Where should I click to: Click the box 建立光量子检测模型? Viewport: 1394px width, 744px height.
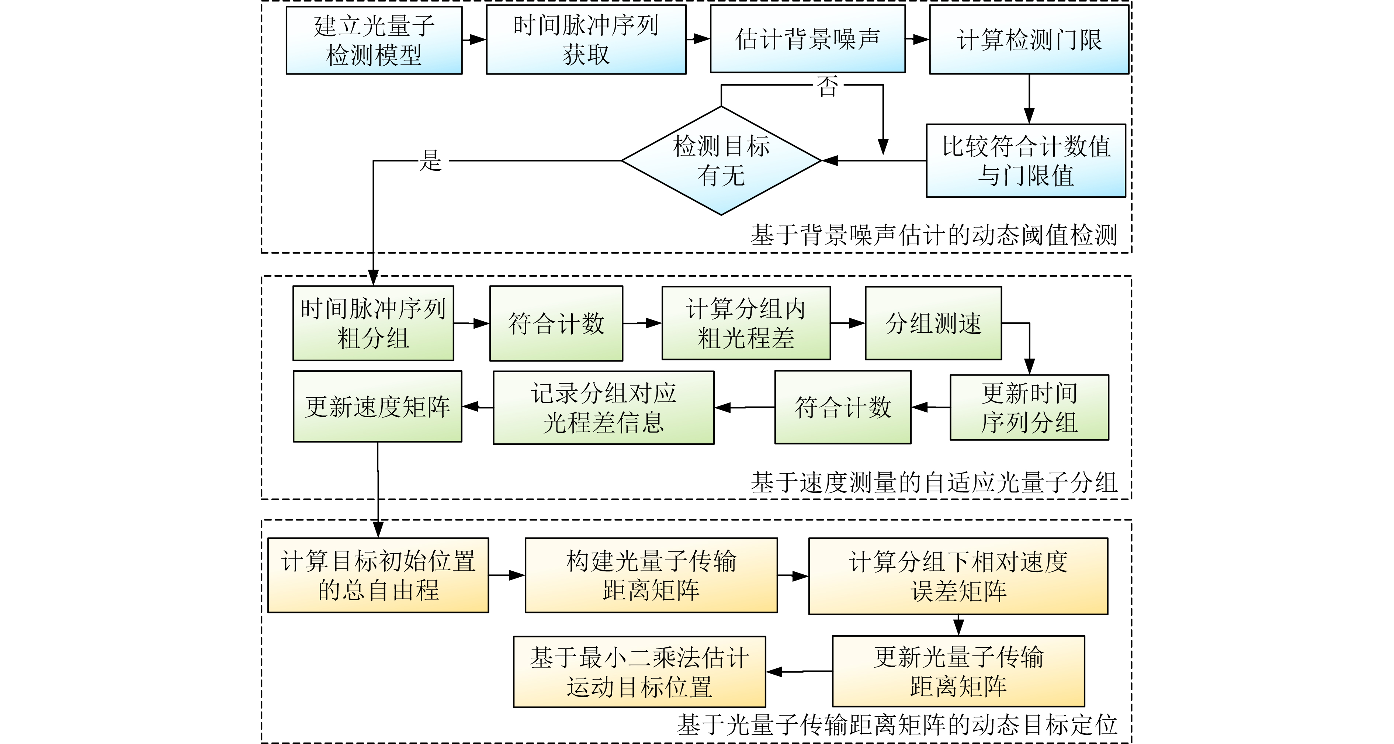(374, 41)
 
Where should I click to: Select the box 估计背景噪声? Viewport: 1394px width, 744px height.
(807, 39)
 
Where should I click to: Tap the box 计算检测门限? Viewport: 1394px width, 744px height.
(1029, 39)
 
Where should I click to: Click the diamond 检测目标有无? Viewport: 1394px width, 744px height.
(721, 161)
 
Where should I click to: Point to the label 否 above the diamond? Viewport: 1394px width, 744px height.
(828, 86)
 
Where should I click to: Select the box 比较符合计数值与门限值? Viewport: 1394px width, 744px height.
(1026, 161)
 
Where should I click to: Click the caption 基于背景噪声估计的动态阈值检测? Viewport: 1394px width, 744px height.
(933, 235)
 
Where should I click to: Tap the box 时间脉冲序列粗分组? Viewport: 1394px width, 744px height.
(373, 323)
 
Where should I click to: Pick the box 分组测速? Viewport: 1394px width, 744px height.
(933, 323)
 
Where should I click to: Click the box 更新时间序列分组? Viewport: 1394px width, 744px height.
(1029, 408)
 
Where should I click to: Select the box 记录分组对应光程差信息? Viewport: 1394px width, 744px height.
(603, 408)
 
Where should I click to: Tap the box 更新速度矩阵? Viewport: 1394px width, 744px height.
(378, 406)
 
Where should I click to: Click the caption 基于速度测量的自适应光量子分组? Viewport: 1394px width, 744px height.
(933, 482)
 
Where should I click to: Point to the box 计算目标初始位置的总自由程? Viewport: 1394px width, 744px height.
(378, 575)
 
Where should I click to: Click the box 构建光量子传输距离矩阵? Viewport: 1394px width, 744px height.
(651, 575)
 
